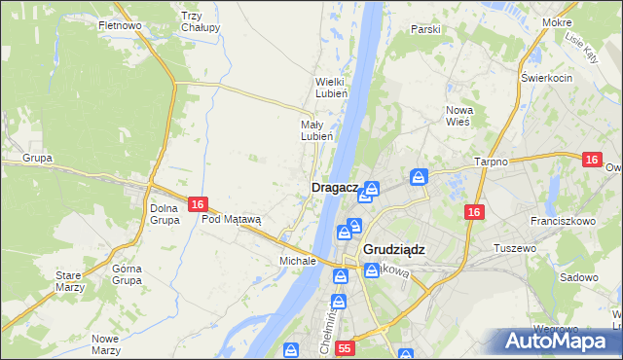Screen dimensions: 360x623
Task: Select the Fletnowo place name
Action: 121,24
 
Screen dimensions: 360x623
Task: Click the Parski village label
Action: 425,29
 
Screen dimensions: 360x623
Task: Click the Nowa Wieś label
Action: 458,116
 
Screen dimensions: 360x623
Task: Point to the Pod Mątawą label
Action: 232,219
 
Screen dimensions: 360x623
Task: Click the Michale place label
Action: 298,261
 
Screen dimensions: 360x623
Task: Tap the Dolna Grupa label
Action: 165,214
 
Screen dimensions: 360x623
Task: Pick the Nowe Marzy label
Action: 104,344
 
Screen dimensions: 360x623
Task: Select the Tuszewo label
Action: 516,248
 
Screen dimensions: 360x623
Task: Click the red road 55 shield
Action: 345,347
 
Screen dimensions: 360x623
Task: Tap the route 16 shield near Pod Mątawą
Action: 198,204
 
